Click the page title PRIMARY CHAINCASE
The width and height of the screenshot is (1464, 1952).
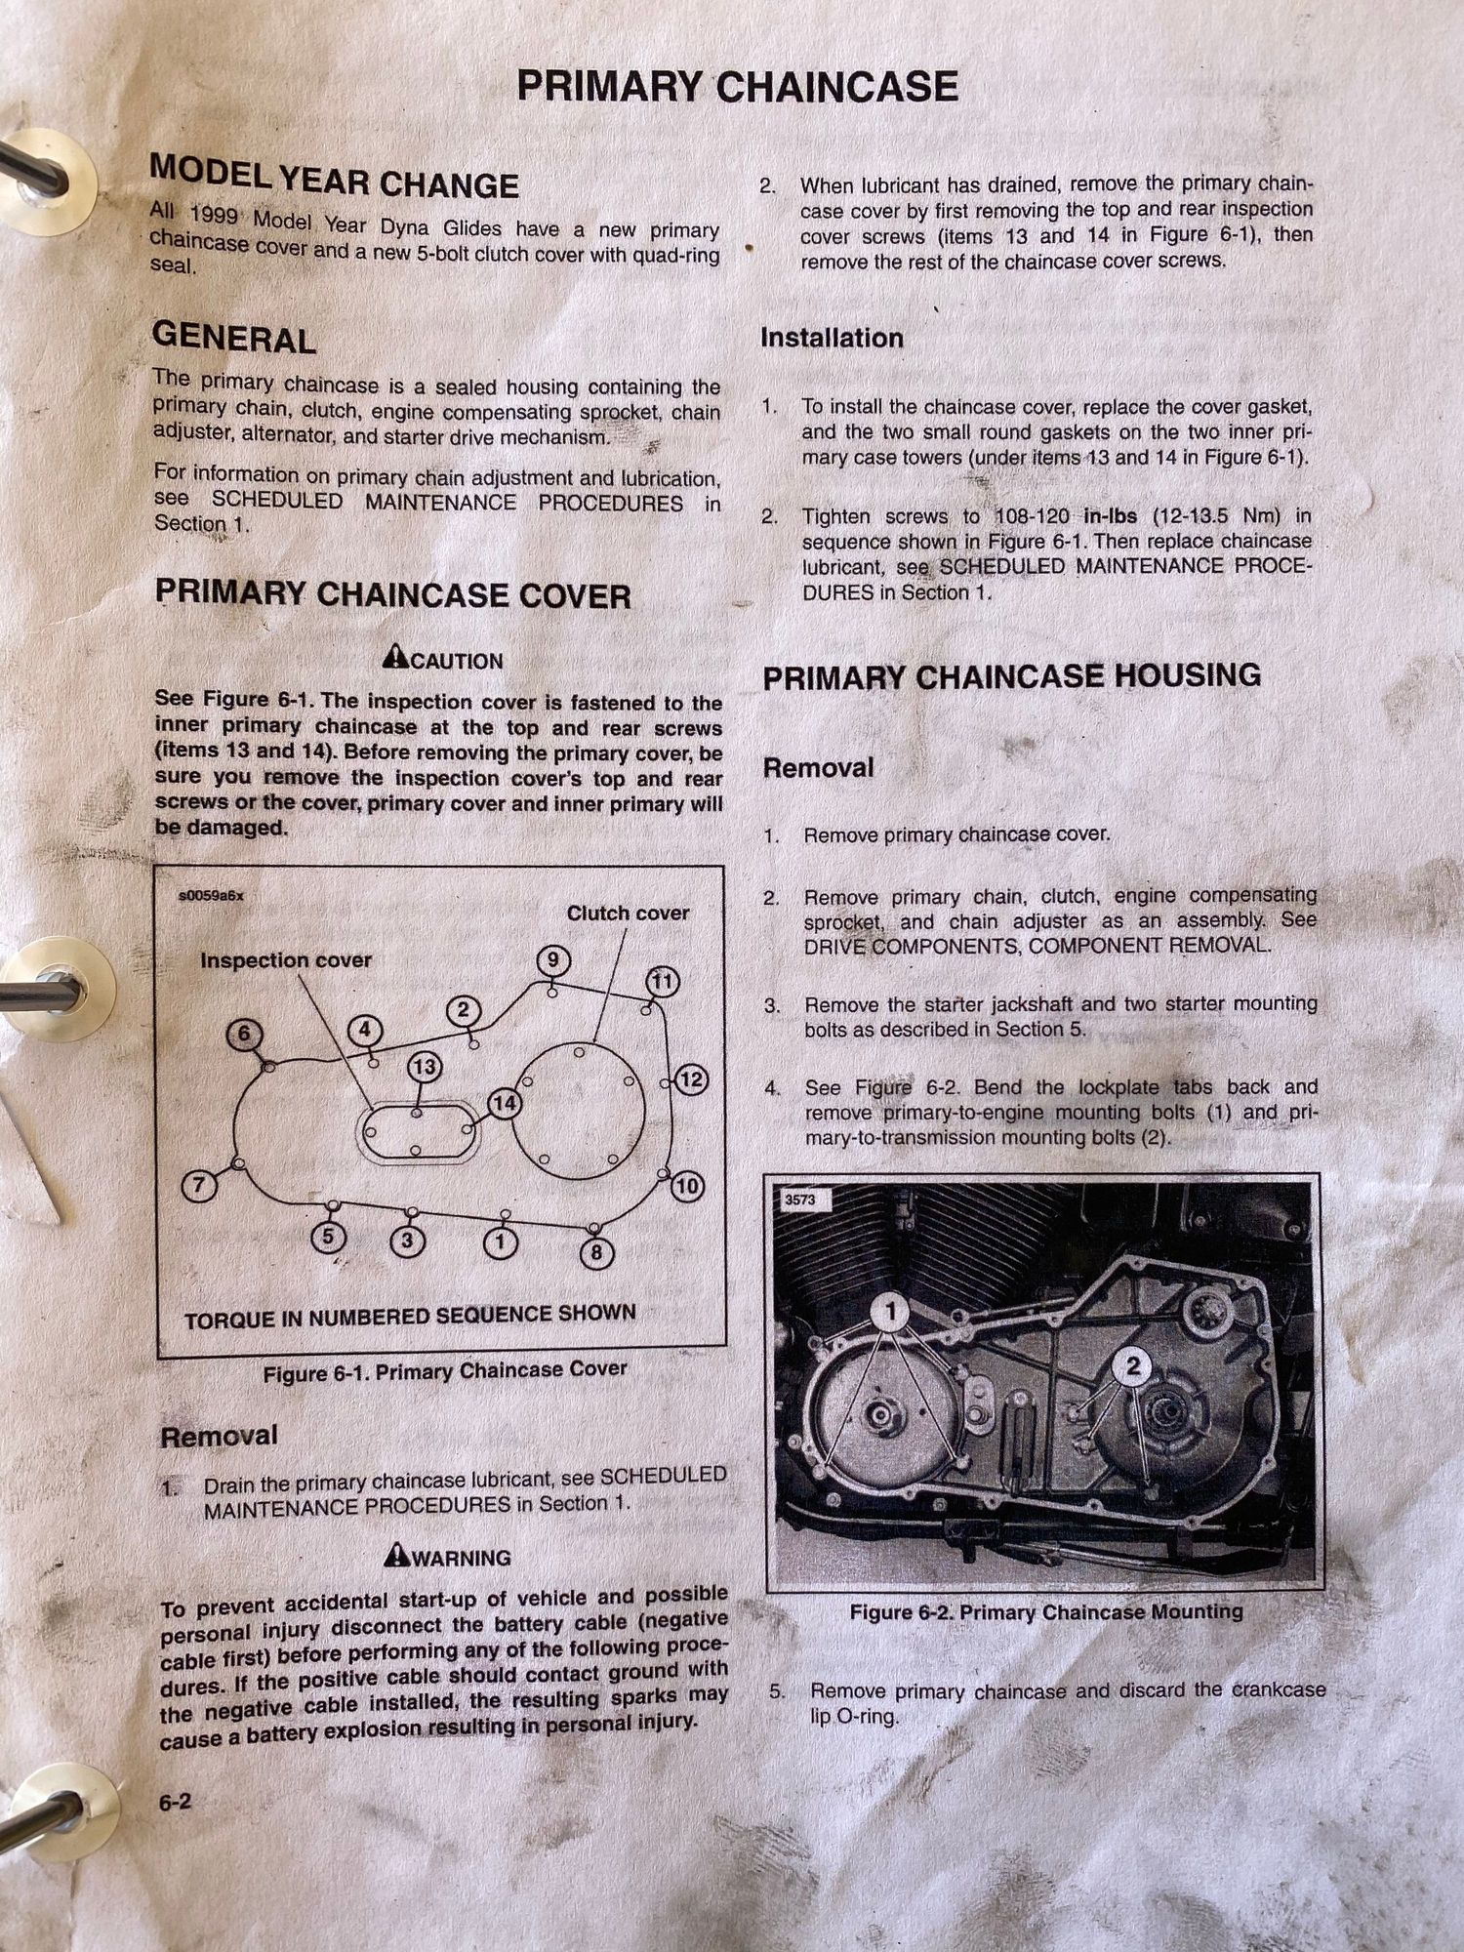(737, 87)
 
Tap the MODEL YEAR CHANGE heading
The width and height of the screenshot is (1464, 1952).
(334, 177)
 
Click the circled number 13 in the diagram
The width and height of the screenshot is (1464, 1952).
(424, 1067)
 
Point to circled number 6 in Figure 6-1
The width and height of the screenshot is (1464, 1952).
(244, 1035)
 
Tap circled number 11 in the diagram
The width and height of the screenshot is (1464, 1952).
(663, 981)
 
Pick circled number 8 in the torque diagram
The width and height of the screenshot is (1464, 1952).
(596, 1252)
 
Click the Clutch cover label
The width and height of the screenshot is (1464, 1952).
(628, 913)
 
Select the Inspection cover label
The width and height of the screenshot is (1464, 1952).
(286, 960)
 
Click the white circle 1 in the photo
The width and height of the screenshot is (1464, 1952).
(889, 1312)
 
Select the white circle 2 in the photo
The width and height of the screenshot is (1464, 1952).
(1133, 1366)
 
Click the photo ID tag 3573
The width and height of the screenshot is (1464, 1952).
(799, 1200)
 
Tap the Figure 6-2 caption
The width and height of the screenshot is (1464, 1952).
(1046, 1611)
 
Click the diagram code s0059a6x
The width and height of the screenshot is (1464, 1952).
(211, 895)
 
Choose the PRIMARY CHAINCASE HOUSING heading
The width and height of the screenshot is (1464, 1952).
(1011, 676)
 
